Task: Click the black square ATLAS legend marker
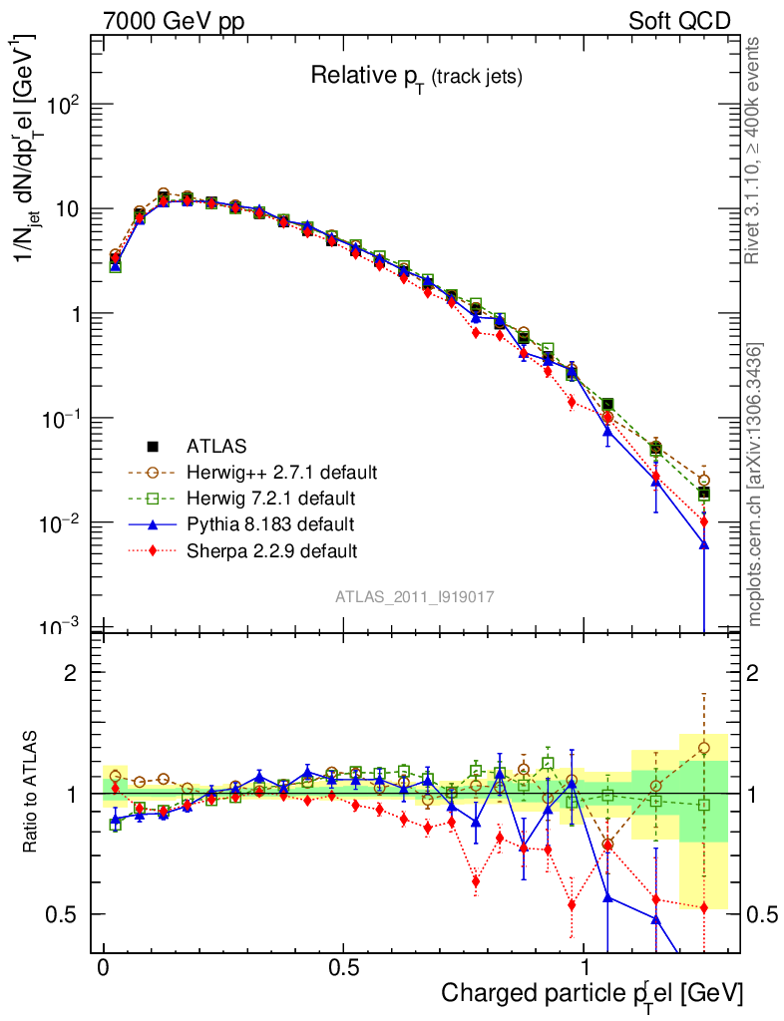153,445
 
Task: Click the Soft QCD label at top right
679,21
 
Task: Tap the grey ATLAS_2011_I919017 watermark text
416,596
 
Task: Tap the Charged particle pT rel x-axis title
591,993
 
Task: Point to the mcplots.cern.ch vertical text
755,485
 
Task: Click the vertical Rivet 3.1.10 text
755,150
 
